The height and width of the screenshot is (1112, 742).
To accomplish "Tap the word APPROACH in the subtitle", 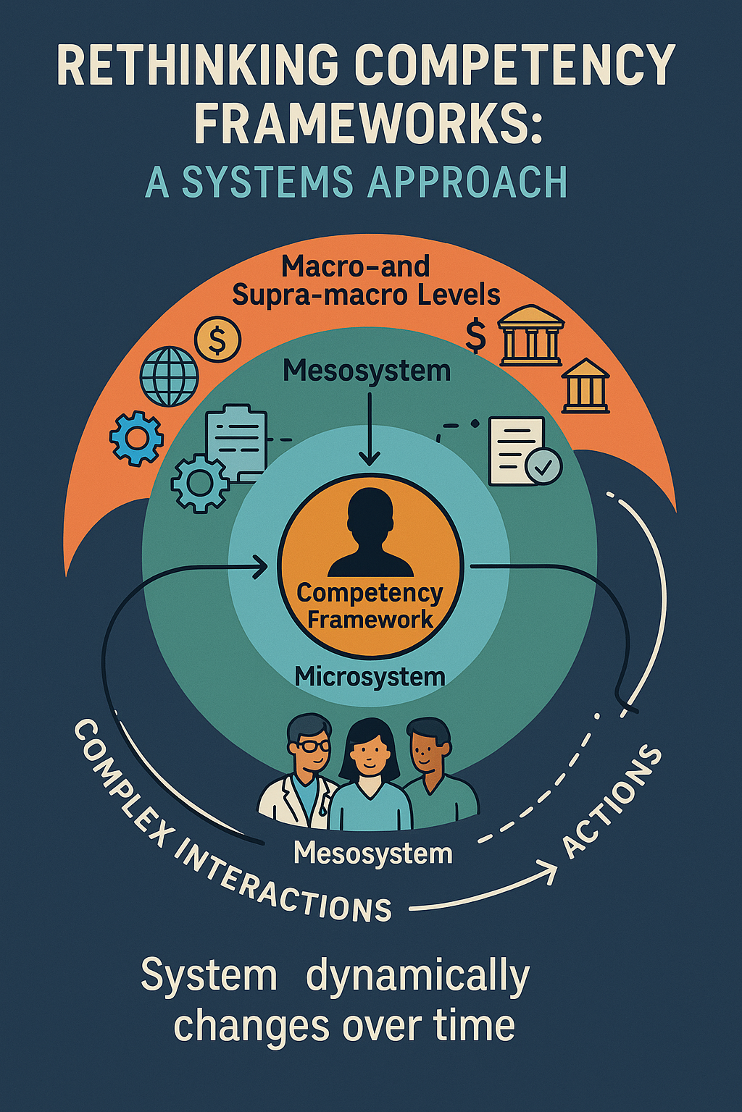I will click(x=467, y=182).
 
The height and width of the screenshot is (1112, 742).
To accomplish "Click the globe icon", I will click(x=169, y=376).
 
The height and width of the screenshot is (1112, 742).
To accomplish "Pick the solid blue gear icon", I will click(x=136, y=437).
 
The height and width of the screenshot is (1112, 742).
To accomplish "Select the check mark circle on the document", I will click(x=543, y=466).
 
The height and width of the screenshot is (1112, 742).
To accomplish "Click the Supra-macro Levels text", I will click(x=366, y=295).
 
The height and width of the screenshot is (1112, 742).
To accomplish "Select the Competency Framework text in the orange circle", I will click(x=370, y=606).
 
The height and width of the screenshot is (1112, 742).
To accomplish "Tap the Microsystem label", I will click(x=370, y=677).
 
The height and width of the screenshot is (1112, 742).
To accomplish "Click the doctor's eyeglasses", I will click(x=313, y=746).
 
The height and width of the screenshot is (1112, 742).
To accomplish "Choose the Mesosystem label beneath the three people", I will click(x=372, y=854).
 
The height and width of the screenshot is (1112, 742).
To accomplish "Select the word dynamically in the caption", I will click(x=417, y=977).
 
